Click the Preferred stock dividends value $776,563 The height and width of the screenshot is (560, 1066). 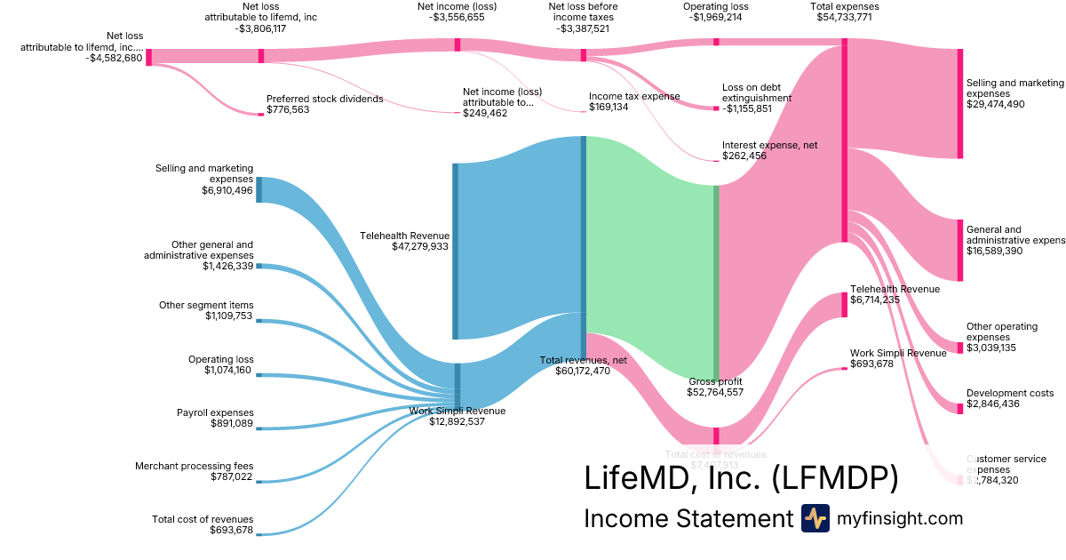pyautogui.click(x=291, y=110)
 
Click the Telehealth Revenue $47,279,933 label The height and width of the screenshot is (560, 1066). pyautogui.click(x=404, y=241)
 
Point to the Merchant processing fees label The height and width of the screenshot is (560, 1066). pyautogui.click(x=194, y=466)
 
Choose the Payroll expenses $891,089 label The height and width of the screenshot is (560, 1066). pyautogui.click(x=215, y=418)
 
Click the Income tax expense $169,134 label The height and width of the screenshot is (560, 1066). pyautogui.click(x=634, y=101)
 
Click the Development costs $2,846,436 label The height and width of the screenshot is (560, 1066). pyautogui.click(x=1010, y=398)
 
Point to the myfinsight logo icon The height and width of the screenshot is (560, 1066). pyautogui.click(x=815, y=518)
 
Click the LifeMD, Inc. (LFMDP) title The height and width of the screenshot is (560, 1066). pyautogui.click(x=741, y=477)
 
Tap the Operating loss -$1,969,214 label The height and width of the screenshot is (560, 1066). pyautogui.click(x=716, y=12)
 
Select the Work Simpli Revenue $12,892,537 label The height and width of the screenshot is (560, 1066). pyautogui.click(x=457, y=416)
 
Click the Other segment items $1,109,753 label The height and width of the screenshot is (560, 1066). pyautogui.click(x=206, y=310)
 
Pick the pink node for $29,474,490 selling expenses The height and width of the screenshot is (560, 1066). pyautogui.click(x=959, y=103)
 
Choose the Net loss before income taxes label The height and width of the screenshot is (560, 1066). pyautogui.click(x=583, y=17)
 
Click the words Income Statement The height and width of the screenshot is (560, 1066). pyautogui.click(x=688, y=519)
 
